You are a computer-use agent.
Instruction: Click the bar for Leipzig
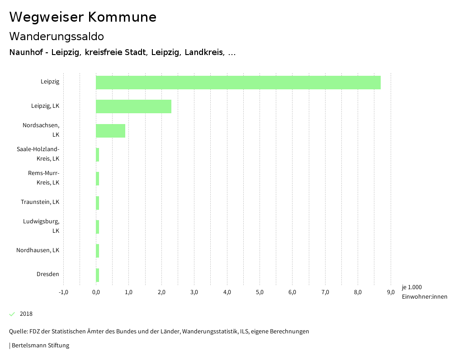238,83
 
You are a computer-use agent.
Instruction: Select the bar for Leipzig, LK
133,106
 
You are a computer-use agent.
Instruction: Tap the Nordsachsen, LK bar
110,130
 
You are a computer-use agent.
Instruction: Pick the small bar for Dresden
97,275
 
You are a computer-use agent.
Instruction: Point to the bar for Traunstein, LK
97,203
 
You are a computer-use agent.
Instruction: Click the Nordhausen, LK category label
38,250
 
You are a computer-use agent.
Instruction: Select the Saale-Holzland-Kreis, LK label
38,154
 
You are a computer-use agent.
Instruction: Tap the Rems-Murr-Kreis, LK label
43,178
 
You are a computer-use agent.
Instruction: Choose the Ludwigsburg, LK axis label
41,226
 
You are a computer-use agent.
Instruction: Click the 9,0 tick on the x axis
390,292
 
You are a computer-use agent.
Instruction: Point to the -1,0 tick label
63,292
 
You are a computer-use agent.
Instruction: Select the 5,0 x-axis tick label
260,292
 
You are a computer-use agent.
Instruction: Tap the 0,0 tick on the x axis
96,292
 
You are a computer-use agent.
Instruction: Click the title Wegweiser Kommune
83,17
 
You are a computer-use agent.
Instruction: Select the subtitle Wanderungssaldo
57,36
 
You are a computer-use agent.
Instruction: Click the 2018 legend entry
26,314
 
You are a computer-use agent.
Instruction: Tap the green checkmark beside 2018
12,314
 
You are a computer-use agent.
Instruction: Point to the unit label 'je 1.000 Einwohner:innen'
424,292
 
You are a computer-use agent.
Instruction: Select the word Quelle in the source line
18,332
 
